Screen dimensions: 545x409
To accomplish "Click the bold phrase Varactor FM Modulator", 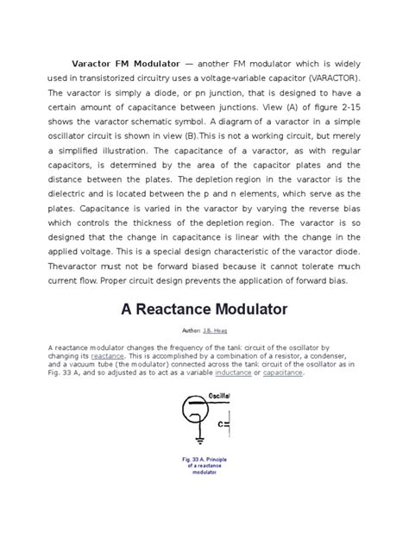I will click(x=125, y=65).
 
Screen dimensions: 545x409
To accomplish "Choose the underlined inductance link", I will click(x=239, y=373).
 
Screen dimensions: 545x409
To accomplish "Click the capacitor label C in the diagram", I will click(x=221, y=424).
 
